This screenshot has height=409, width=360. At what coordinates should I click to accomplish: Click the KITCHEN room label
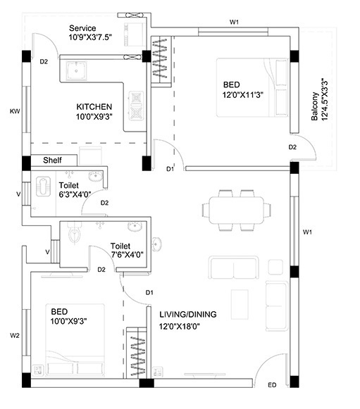point(94,107)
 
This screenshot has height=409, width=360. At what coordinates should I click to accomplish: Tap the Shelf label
point(52,160)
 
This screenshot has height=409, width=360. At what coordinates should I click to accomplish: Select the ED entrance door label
point(272,385)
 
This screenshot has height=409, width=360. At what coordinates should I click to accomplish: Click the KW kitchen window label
point(15,111)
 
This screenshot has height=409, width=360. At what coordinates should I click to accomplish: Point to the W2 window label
point(15,336)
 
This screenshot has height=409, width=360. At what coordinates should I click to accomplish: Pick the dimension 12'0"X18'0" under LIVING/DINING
point(180,326)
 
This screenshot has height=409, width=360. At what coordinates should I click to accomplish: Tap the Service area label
point(82,28)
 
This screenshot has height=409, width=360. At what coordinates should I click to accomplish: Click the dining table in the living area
point(236,210)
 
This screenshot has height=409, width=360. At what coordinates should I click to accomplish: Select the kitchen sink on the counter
point(76,70)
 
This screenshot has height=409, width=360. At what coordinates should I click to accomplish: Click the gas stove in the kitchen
point(136,106)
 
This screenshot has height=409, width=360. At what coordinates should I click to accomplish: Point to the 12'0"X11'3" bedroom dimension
point(243,95)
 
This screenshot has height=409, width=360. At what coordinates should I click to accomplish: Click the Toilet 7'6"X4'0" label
point(127,250)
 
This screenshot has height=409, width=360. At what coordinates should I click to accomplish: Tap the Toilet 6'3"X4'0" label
point(75,189)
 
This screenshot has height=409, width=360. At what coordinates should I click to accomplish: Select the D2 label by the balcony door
point(292,147)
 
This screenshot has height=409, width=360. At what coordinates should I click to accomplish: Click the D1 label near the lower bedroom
point(149,293)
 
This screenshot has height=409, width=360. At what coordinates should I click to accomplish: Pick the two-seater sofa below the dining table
point(234,268)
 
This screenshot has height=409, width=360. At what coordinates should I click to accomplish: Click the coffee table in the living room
point(240,304)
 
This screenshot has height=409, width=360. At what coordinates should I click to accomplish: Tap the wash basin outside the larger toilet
point(156,244)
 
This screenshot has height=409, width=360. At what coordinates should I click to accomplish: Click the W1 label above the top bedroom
point(234,22)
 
